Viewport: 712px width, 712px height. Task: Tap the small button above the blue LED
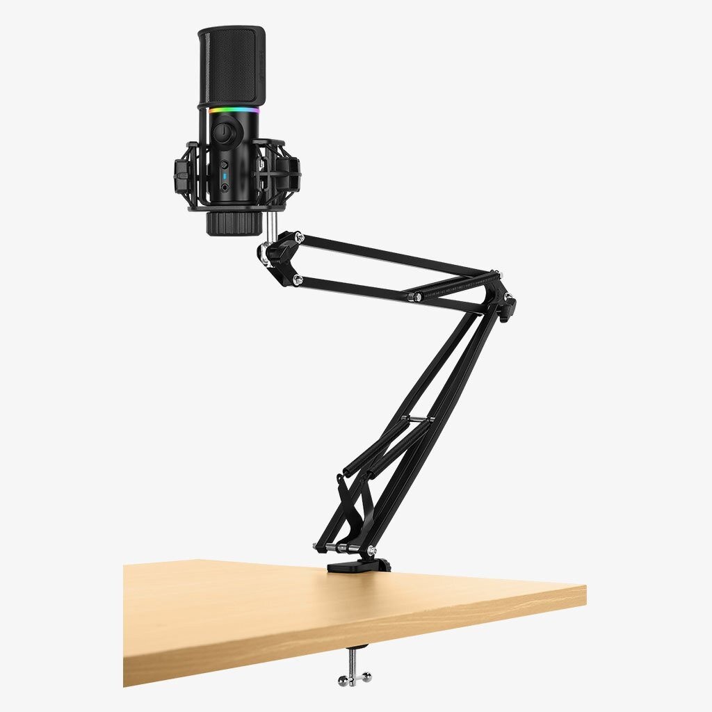pyautogui.click(x=225, y=165)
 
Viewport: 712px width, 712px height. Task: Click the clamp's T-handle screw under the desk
pyautogui.click(x=354, y=672)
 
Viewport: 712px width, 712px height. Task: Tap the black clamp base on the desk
pyautogui.click(x=359, y=565)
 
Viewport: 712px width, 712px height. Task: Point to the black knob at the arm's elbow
pyautogui.click(x=510, y=302)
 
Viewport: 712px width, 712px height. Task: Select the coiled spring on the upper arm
pyautogui.click(x=452, y=284)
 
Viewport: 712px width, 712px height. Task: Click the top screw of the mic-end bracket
pyautogui.click(x=298, y=238)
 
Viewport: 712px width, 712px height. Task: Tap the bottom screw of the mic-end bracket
pyautogui.click(x=298, y=280)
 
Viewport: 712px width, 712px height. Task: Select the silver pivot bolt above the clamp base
pyautogui.click(x=371, y=550)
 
